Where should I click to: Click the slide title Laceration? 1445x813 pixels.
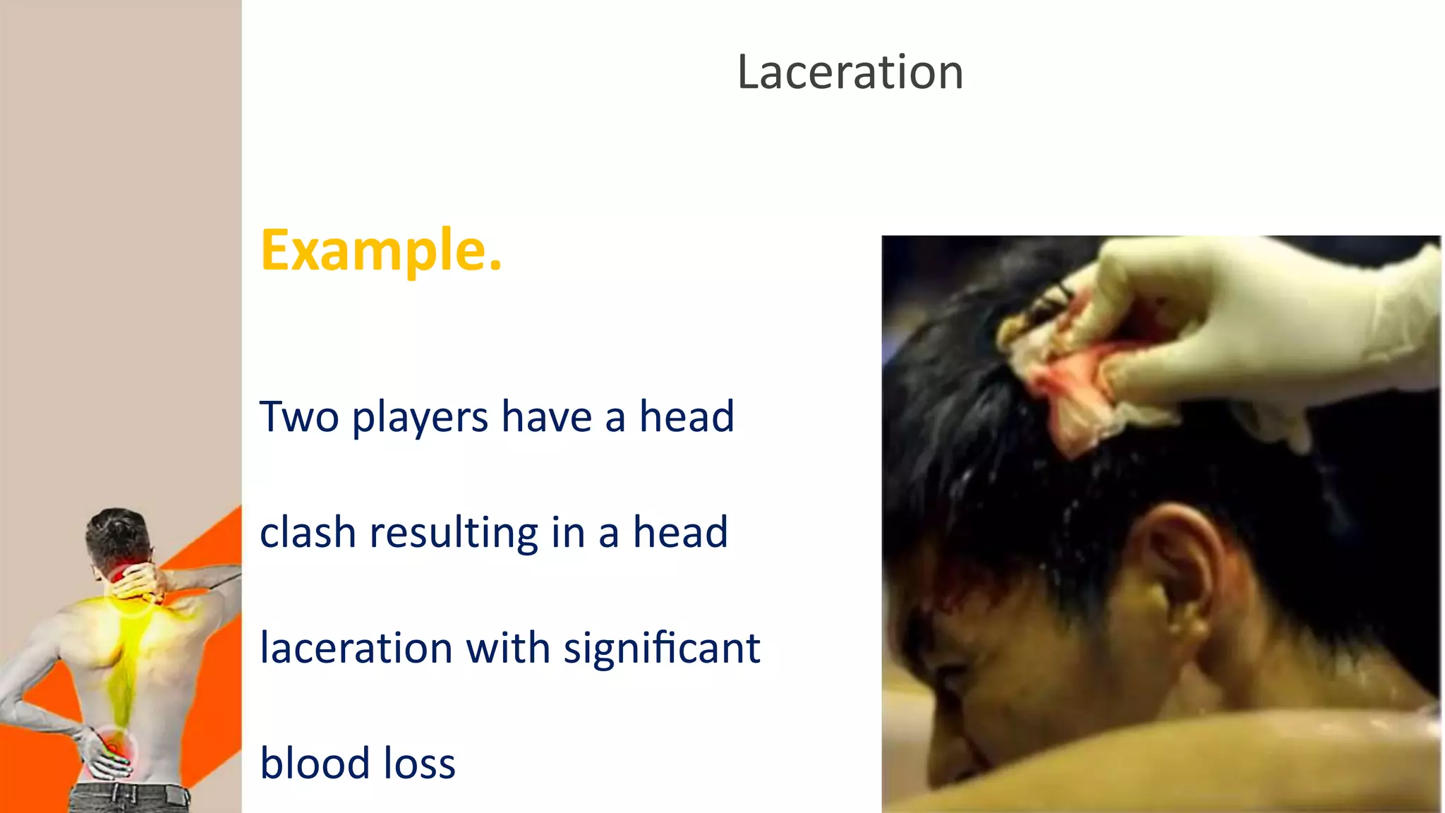(850, 72)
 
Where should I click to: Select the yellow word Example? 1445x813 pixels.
(381, 250)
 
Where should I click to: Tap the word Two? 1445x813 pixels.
(299, 416)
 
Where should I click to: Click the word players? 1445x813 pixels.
(420, 418)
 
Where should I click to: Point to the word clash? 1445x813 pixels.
(307, 532)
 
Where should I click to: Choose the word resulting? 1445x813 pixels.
(454, 534)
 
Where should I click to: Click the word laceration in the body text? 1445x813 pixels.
(356, 648)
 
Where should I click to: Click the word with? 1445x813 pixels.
(508, 648)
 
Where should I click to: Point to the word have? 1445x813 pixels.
(546, 416)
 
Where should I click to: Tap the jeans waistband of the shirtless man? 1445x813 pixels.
(131, 794)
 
